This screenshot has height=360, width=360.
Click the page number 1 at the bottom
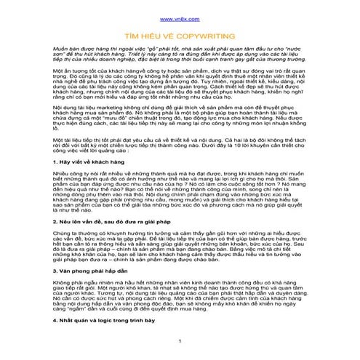pos(180,353)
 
